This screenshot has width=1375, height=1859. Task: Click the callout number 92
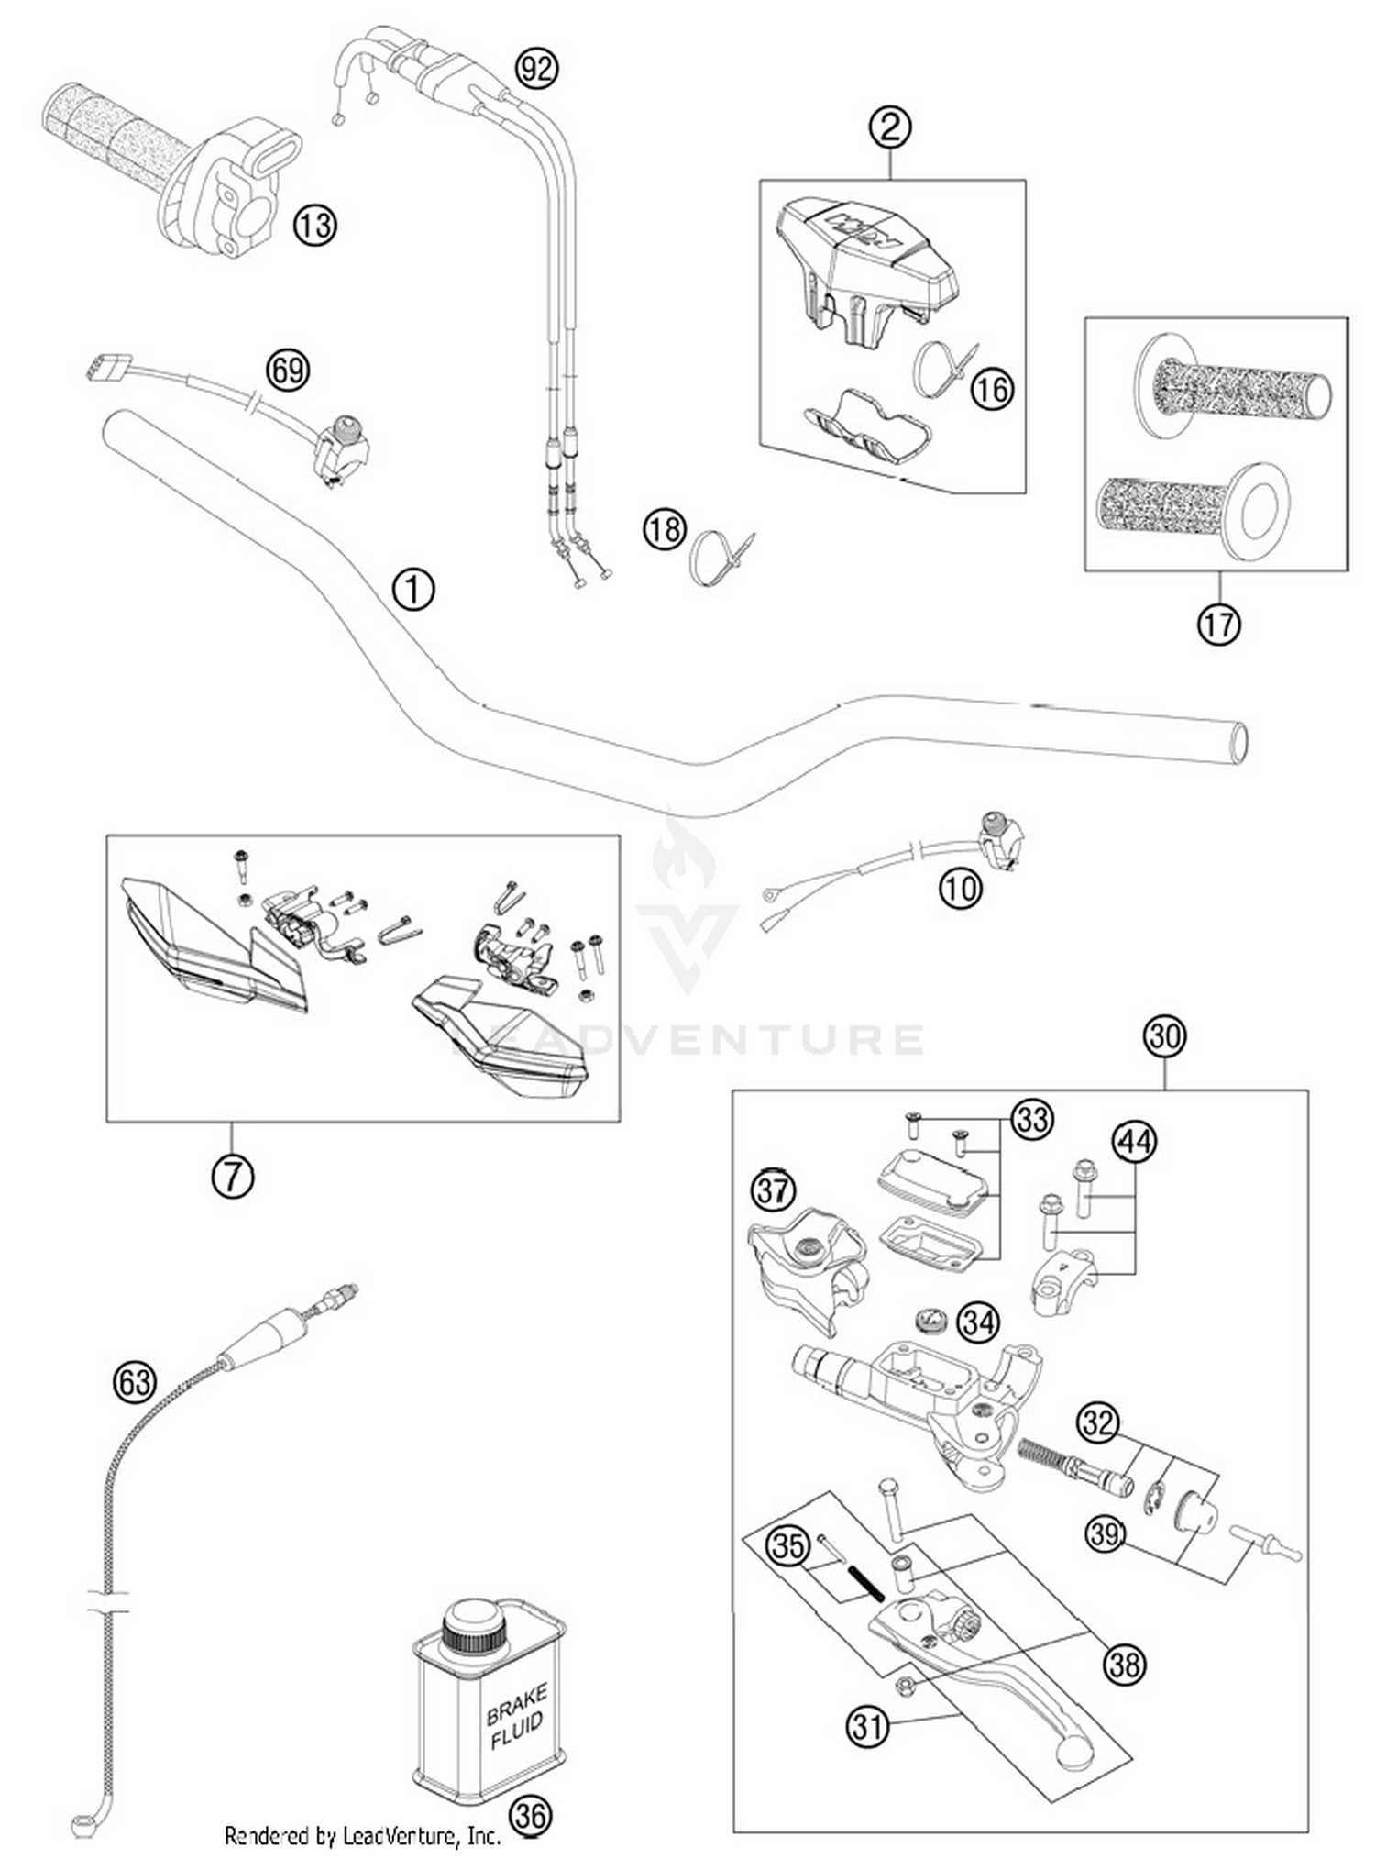click(x=536, y=68)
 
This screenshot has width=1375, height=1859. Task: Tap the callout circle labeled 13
click(x=314, y=224)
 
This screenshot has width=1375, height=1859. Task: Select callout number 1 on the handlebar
click(x=413, y=589)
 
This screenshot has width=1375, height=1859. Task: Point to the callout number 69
click(x=287, y=371)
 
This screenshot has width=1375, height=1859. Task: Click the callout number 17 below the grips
click(x=1218, y=625)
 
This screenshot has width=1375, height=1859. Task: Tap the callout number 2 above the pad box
click(x=890, y=127)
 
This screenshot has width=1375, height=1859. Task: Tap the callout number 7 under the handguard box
click(x=233, y=1176)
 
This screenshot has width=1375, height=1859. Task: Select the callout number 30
click(x=1165, y=1035)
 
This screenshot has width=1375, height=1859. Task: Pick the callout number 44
click(x=1134, y=1142)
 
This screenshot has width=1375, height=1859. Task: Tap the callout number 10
click(x=960, y=888)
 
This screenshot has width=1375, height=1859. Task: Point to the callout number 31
click(x=867, y=1727)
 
